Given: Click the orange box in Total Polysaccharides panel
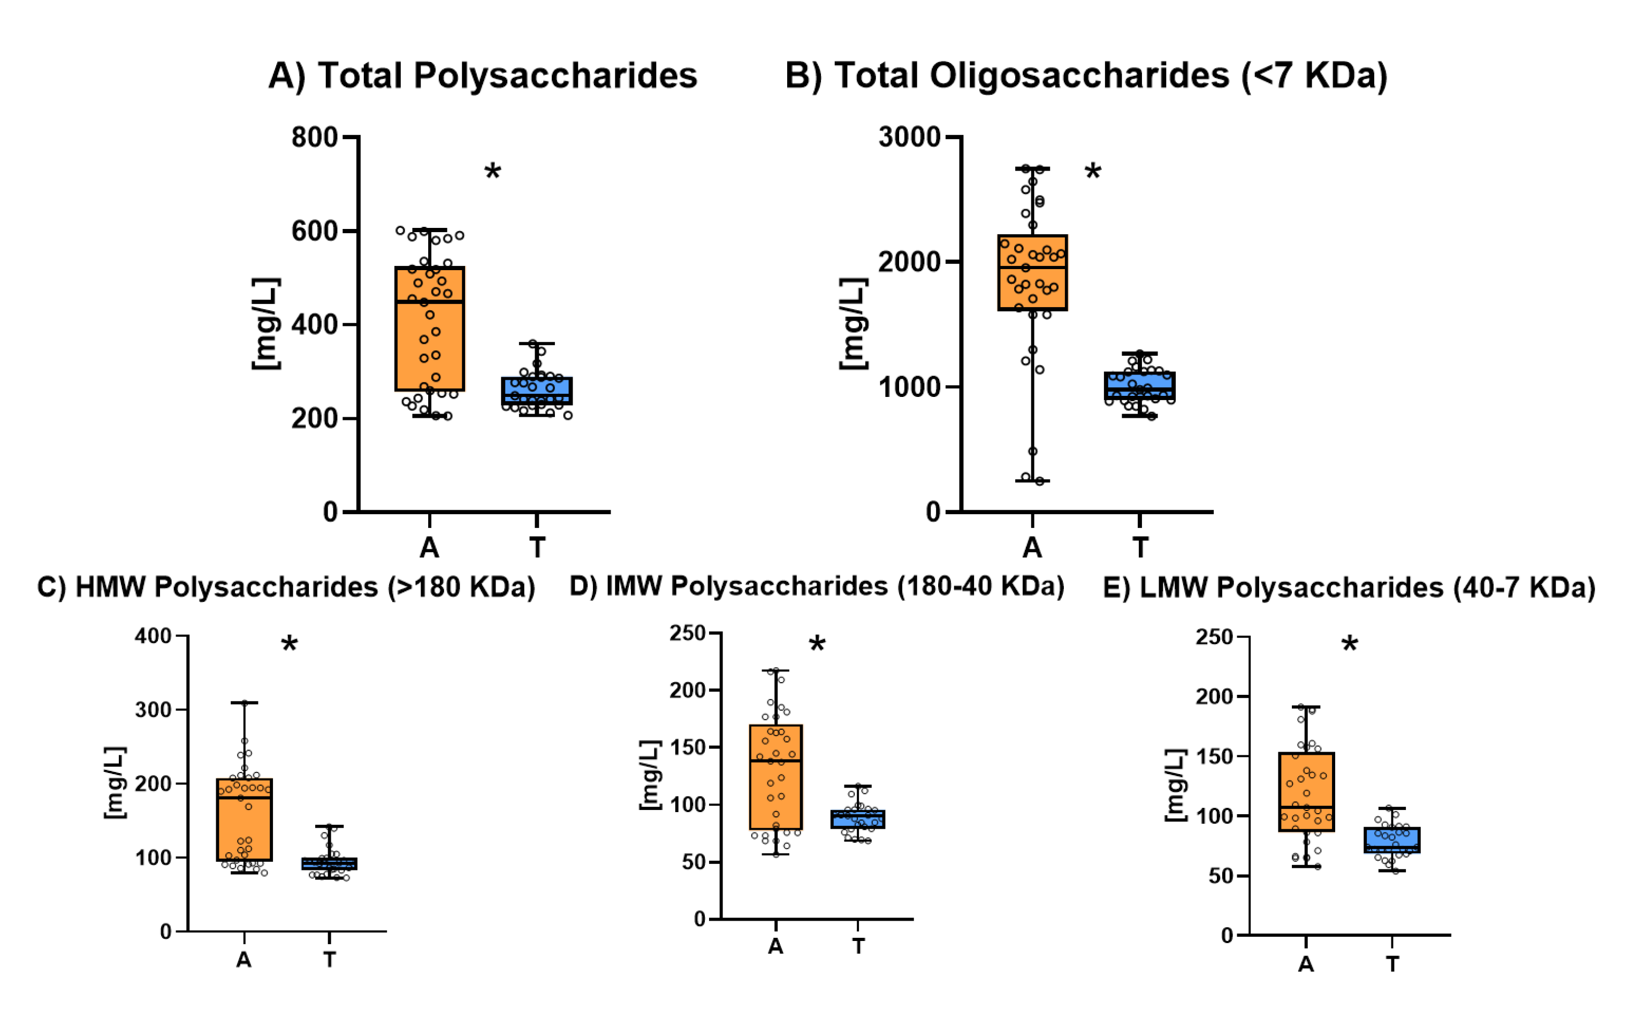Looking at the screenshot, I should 429,328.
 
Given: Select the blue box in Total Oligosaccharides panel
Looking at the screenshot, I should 1139,387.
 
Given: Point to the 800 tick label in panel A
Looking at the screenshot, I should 314,137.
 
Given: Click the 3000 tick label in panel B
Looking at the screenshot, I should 909,137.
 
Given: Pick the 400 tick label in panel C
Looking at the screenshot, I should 153,636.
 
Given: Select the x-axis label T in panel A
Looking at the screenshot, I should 537,548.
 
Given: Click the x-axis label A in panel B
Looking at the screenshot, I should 1032,548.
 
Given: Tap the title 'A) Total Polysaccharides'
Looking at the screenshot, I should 482,75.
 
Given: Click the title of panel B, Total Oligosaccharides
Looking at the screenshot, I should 1086,75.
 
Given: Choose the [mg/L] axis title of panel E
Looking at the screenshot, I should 1175,785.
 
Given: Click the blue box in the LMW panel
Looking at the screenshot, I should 1392,840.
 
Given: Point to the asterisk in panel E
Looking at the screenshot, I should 1349,645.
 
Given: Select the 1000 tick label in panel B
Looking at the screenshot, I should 909,387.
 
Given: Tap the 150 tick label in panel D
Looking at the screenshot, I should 688,747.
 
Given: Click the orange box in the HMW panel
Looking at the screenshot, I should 245,820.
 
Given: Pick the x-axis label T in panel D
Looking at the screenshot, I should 858,946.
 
